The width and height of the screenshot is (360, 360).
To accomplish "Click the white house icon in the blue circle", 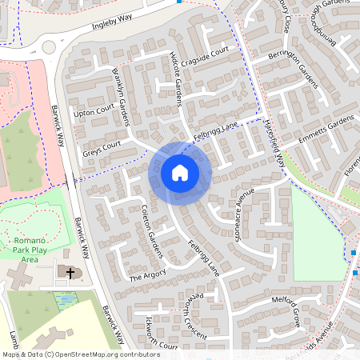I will coord(180,172).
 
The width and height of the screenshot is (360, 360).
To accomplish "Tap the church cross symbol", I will coord(70,274).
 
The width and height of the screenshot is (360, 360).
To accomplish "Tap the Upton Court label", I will coord(94,112).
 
